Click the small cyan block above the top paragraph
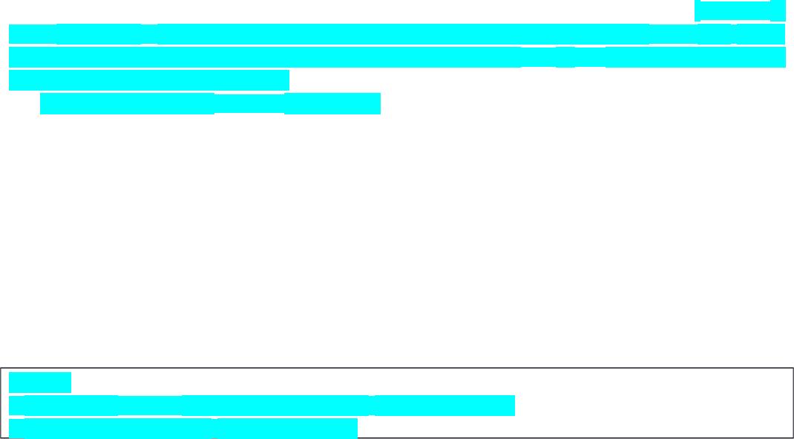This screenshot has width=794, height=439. [739, 10]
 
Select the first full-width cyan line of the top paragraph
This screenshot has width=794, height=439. [397, 34]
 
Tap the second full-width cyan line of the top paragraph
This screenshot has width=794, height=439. [397, 57]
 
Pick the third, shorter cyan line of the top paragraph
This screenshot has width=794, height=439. [148, 79]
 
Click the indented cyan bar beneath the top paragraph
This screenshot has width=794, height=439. [210, 104]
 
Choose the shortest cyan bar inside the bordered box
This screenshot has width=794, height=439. [40, 383]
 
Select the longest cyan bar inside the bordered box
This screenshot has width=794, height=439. [261, 406]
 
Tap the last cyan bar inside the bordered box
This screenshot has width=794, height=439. [183, 429]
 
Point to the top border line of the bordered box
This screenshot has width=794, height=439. [397, 368]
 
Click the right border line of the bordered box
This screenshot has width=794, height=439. [793, 403]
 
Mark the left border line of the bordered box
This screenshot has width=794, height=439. [1, 403]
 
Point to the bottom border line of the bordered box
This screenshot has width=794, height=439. [397, 438]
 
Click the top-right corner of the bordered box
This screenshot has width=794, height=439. [793, 368]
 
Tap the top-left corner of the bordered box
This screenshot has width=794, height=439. [1, 368]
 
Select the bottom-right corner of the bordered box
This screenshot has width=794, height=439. [793, 438]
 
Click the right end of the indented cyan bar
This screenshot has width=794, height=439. [378, 104]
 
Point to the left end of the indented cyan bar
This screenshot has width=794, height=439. [42, 104]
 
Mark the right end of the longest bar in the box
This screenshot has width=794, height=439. [513, 406]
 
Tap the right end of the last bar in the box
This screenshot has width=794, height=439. [355, 429]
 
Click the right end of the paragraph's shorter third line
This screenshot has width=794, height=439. [287, 79]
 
